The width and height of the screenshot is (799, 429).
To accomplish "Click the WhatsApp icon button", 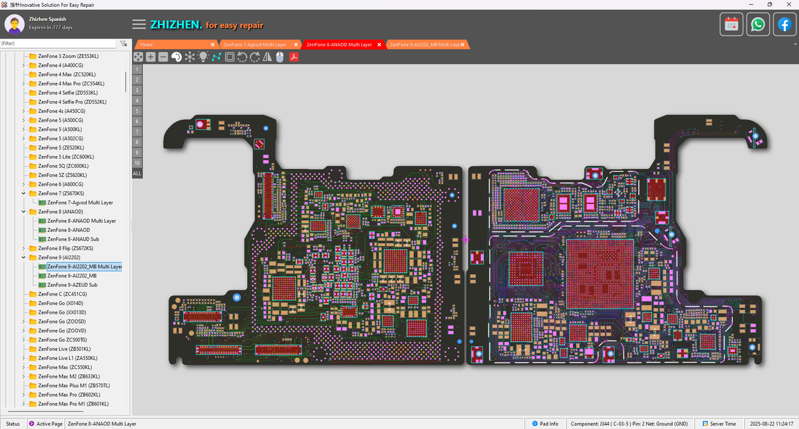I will [x=758, y=24].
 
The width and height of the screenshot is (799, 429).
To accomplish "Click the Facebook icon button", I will [x=784, y=24].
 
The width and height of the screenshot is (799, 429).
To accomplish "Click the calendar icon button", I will [x=732, y=24].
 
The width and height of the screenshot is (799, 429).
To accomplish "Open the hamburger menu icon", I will [x=139, y=24].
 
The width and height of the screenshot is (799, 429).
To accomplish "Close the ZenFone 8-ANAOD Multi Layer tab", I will [x=379, y=45].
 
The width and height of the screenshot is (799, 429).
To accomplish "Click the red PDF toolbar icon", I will [x=293, y=57].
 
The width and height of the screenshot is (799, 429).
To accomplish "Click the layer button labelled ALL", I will [x=137, y=173].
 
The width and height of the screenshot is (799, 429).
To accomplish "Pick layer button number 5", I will [x=137, y=111].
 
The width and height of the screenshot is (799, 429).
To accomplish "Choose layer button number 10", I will [x=137, y=163].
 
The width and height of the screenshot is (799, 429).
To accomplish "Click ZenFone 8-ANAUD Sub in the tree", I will [x=73, y=239].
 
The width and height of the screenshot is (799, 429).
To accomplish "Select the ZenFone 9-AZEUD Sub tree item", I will [x=72, y=285].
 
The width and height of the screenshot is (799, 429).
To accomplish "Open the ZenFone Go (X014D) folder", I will [x=60, y=303].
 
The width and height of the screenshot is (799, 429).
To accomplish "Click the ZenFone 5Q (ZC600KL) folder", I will [x=62, y=166].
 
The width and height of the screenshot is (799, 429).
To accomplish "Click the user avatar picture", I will [x=14, y=24].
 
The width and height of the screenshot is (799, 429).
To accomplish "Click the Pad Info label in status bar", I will [x=549, y=424].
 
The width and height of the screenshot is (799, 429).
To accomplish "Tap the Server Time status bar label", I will [x=722, y=424].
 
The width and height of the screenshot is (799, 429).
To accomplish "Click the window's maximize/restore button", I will [x=770, y=4].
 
